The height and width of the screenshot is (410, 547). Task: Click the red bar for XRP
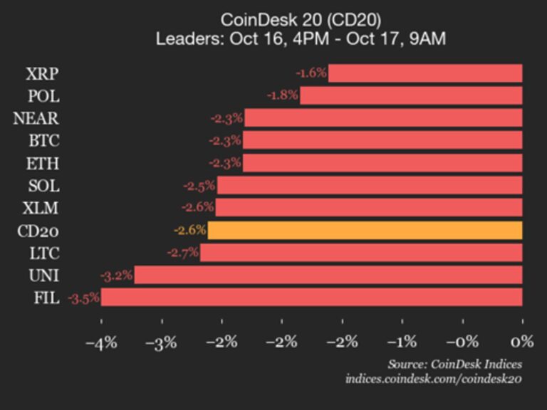pyautogui.click(x=425, y=73)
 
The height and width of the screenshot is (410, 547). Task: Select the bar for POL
pyautogui.click(x=411, y=95)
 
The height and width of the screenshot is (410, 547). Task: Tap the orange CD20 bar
pyautogui.click(x=365, y=231)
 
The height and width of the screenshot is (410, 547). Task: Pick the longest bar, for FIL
pyautogui.click(x=311, y=298)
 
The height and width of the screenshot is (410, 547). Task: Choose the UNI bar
pyautogui.click(x=328, y=275)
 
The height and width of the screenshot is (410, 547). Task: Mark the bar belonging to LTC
pyautogui.click(x=361, y=253)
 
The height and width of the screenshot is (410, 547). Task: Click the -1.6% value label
pyautogui.click(x=311, y=73)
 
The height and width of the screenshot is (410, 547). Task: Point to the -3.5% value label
pyautogui.click(x=83, y=298)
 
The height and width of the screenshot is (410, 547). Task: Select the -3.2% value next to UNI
pyautogui.click(x=116, y=275)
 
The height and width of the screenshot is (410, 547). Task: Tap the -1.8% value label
pyautogui.click(x=282, y=95)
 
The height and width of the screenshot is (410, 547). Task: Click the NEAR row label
pyautogui.click(x=36, y=118)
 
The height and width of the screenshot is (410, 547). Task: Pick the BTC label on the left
pyautogui.click(x=44, y=140)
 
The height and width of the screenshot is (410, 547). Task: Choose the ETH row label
pyautogui.click(x=44, y=163)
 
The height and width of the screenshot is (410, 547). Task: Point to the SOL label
pyautogui.click(x=44, y=186)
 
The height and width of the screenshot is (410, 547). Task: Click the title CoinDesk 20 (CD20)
pyautogui.click(x=301, y=19)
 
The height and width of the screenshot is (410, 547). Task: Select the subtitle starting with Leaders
pyautogui.click(x=301, y=38)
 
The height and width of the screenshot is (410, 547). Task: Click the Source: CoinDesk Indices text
pyautogui.click(x=454, y=364)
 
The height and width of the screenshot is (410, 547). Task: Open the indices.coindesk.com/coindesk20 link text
pyautogui.click(x=433, y=379)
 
